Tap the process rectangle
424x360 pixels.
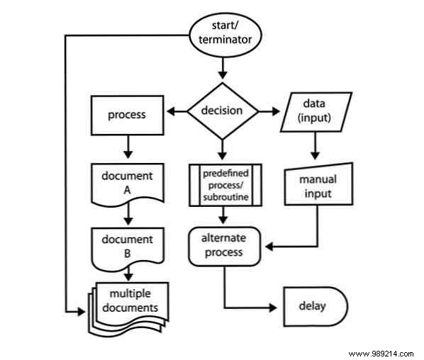(128, 115)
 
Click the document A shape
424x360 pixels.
(128, 183)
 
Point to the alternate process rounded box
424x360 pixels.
(224, 247)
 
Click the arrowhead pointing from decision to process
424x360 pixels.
(170, 111)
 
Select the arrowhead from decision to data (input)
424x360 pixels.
(277, 111)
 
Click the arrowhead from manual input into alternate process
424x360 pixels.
(269, 247)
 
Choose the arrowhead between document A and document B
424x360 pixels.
(128, 219)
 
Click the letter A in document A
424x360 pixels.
(128, 189)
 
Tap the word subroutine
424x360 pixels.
(225, 196)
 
